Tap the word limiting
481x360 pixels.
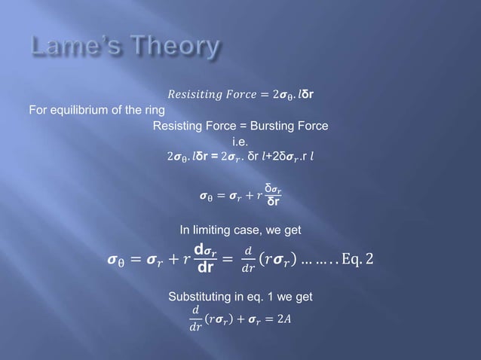pos(221,229)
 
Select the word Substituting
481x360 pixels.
pos(199,297)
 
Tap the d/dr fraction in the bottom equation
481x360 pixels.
pos(195,319)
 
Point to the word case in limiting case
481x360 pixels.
pos(261,229)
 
